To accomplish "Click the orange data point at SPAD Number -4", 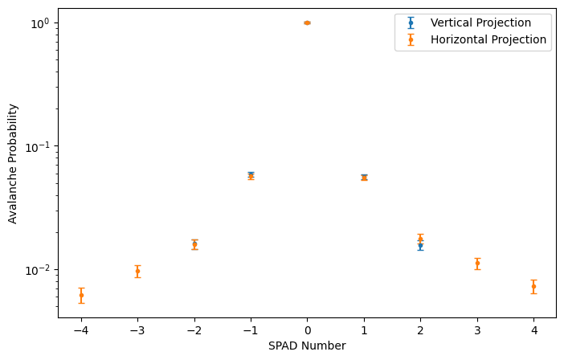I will pyautogui.click(x=81, y=295).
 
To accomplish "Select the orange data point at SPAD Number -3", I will pyautogui.click(x=137, y=271).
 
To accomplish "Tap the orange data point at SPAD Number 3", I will pyautogui.click(x=477, y=263).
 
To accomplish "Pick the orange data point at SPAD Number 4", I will pyautogui.click(x=533, y=286).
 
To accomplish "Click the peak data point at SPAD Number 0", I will pyautogui.click(x=307, y=22).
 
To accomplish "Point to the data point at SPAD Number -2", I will pyautogui.click(x=194, y=243).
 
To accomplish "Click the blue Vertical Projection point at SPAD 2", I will pyautogui.click(x=420, y=246).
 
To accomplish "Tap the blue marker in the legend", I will pyautogui.click(x=411, y=22).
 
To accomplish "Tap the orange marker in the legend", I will pyautogui.click(x=411, y=39).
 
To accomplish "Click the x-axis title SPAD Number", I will pyautogui.click(x=307, y=346).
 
